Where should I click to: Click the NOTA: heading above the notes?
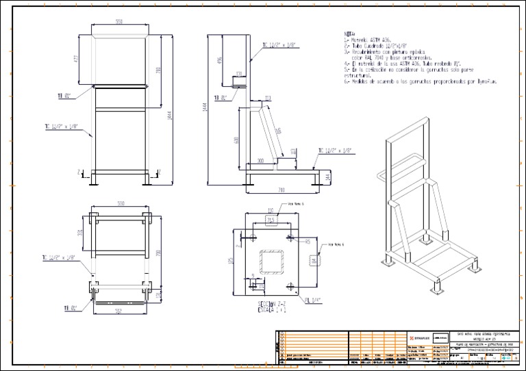coord(349,32)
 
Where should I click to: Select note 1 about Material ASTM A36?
coord(371,38)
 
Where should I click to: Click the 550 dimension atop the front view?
coord(119,22)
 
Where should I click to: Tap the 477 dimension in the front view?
coord(76,60)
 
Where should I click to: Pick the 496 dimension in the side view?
coord(219,60)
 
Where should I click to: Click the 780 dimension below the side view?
coord(281,190)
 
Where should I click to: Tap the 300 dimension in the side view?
coord(260,159)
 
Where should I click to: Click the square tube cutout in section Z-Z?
coord(271,263)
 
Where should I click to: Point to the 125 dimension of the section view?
coord(231,260)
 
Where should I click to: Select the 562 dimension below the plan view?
coord(119,312)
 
